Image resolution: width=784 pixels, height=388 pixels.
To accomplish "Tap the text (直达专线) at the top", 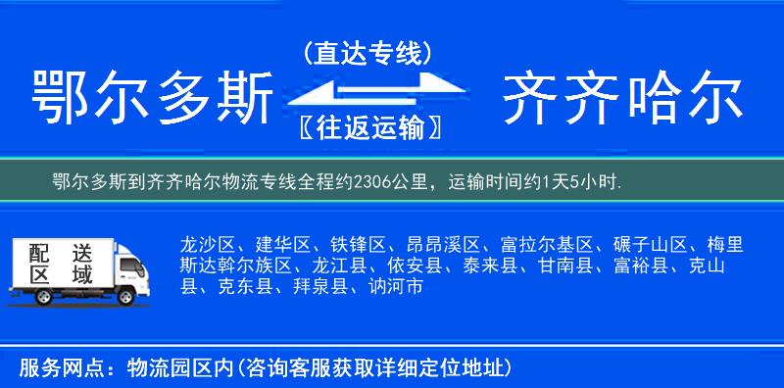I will pos(367,53).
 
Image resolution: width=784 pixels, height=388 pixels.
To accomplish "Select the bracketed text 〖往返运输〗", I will pos(367,128).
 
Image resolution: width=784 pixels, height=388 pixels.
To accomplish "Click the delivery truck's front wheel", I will pos(125,297).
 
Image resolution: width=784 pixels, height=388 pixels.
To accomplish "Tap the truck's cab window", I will pos(130,265).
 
